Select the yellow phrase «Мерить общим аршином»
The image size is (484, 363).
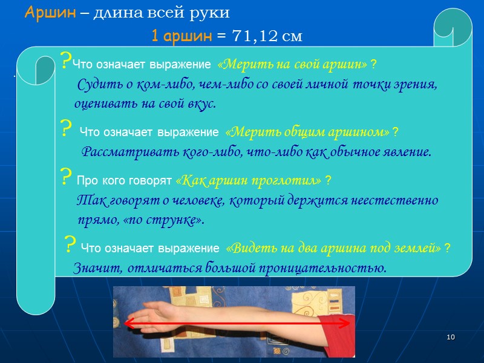tap(307, 132)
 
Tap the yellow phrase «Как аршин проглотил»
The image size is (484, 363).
tap(248, 180)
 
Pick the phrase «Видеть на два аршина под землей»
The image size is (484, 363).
tap(333, 248)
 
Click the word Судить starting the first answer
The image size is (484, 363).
tap(97, 84)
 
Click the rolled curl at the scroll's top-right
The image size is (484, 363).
tap(451, 25)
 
